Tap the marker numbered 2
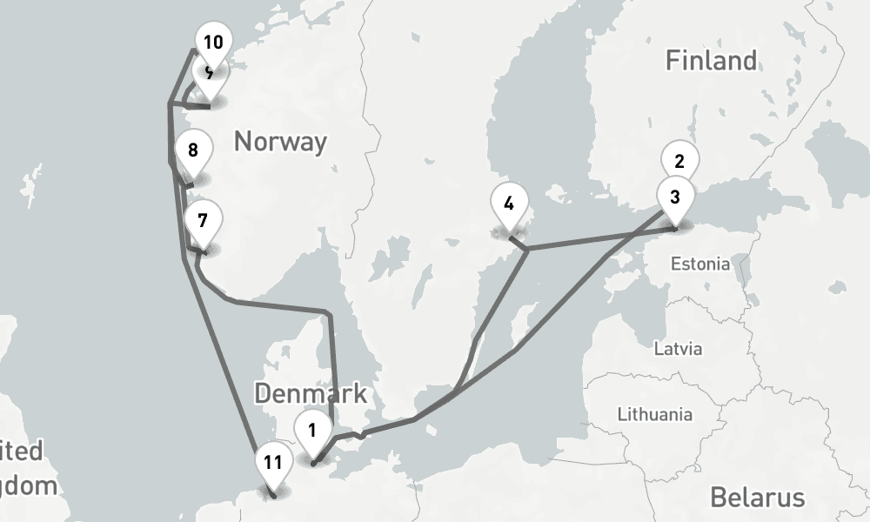pos(679,159)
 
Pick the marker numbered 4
pos(508,205)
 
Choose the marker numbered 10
pos(212,42)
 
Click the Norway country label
pos(280,141)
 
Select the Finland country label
pos(711,61)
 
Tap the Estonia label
pos(700,264)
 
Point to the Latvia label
pos(677,350)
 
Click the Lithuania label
pos(653,414)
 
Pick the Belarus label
pos(757,498)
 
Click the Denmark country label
pos(311,393)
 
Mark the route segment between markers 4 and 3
pos(600,239)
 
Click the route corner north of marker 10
pos(194,50)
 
